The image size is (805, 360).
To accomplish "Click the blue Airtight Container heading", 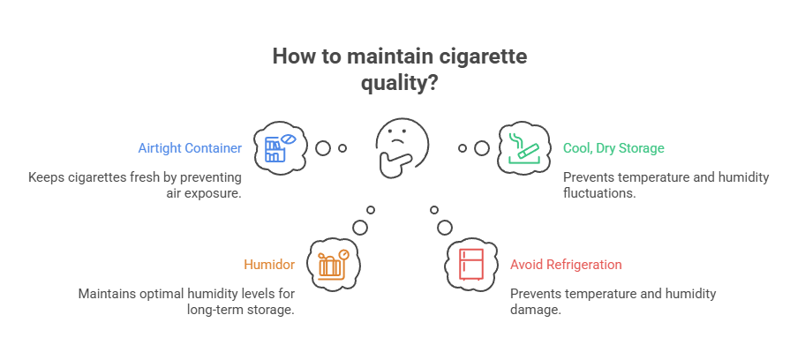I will (x=188, y=148).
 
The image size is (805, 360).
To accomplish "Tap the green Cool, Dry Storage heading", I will (x=613, y=148).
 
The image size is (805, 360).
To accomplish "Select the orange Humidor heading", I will (x=269, y=265).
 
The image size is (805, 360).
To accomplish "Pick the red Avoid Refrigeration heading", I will (x=566, y=265).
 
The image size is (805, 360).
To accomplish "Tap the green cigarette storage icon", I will (x=524, y=147).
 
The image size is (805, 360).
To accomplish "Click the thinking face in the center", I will (x=402, y=146).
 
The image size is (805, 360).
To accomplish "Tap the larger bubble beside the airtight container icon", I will (x=323, y=148).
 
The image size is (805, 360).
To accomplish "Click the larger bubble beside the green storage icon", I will (x=481, y=148).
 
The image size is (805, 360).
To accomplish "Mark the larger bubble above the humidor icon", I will (x=360, y=227).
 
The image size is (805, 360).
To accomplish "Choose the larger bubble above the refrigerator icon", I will (x=445, y=227).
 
